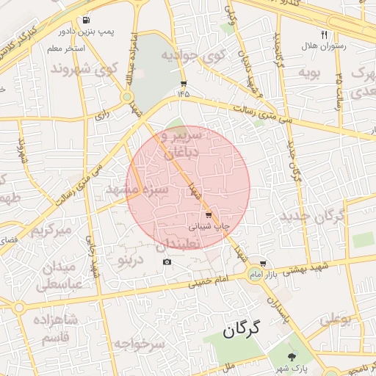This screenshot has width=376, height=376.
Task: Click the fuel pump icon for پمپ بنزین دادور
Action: tap(88, 21)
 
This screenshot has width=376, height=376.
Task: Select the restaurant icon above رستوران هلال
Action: tap(324, 35)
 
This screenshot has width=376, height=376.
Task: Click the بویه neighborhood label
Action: tap(308, 73)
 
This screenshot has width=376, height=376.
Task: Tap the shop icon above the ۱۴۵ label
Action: tap(183, 84)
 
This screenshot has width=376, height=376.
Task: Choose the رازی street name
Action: tap(101, 115)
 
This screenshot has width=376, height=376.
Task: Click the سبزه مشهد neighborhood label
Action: tap(138, 189)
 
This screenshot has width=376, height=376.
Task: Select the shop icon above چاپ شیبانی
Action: tap(209, 216)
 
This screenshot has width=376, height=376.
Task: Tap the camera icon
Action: tap(167, 262)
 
